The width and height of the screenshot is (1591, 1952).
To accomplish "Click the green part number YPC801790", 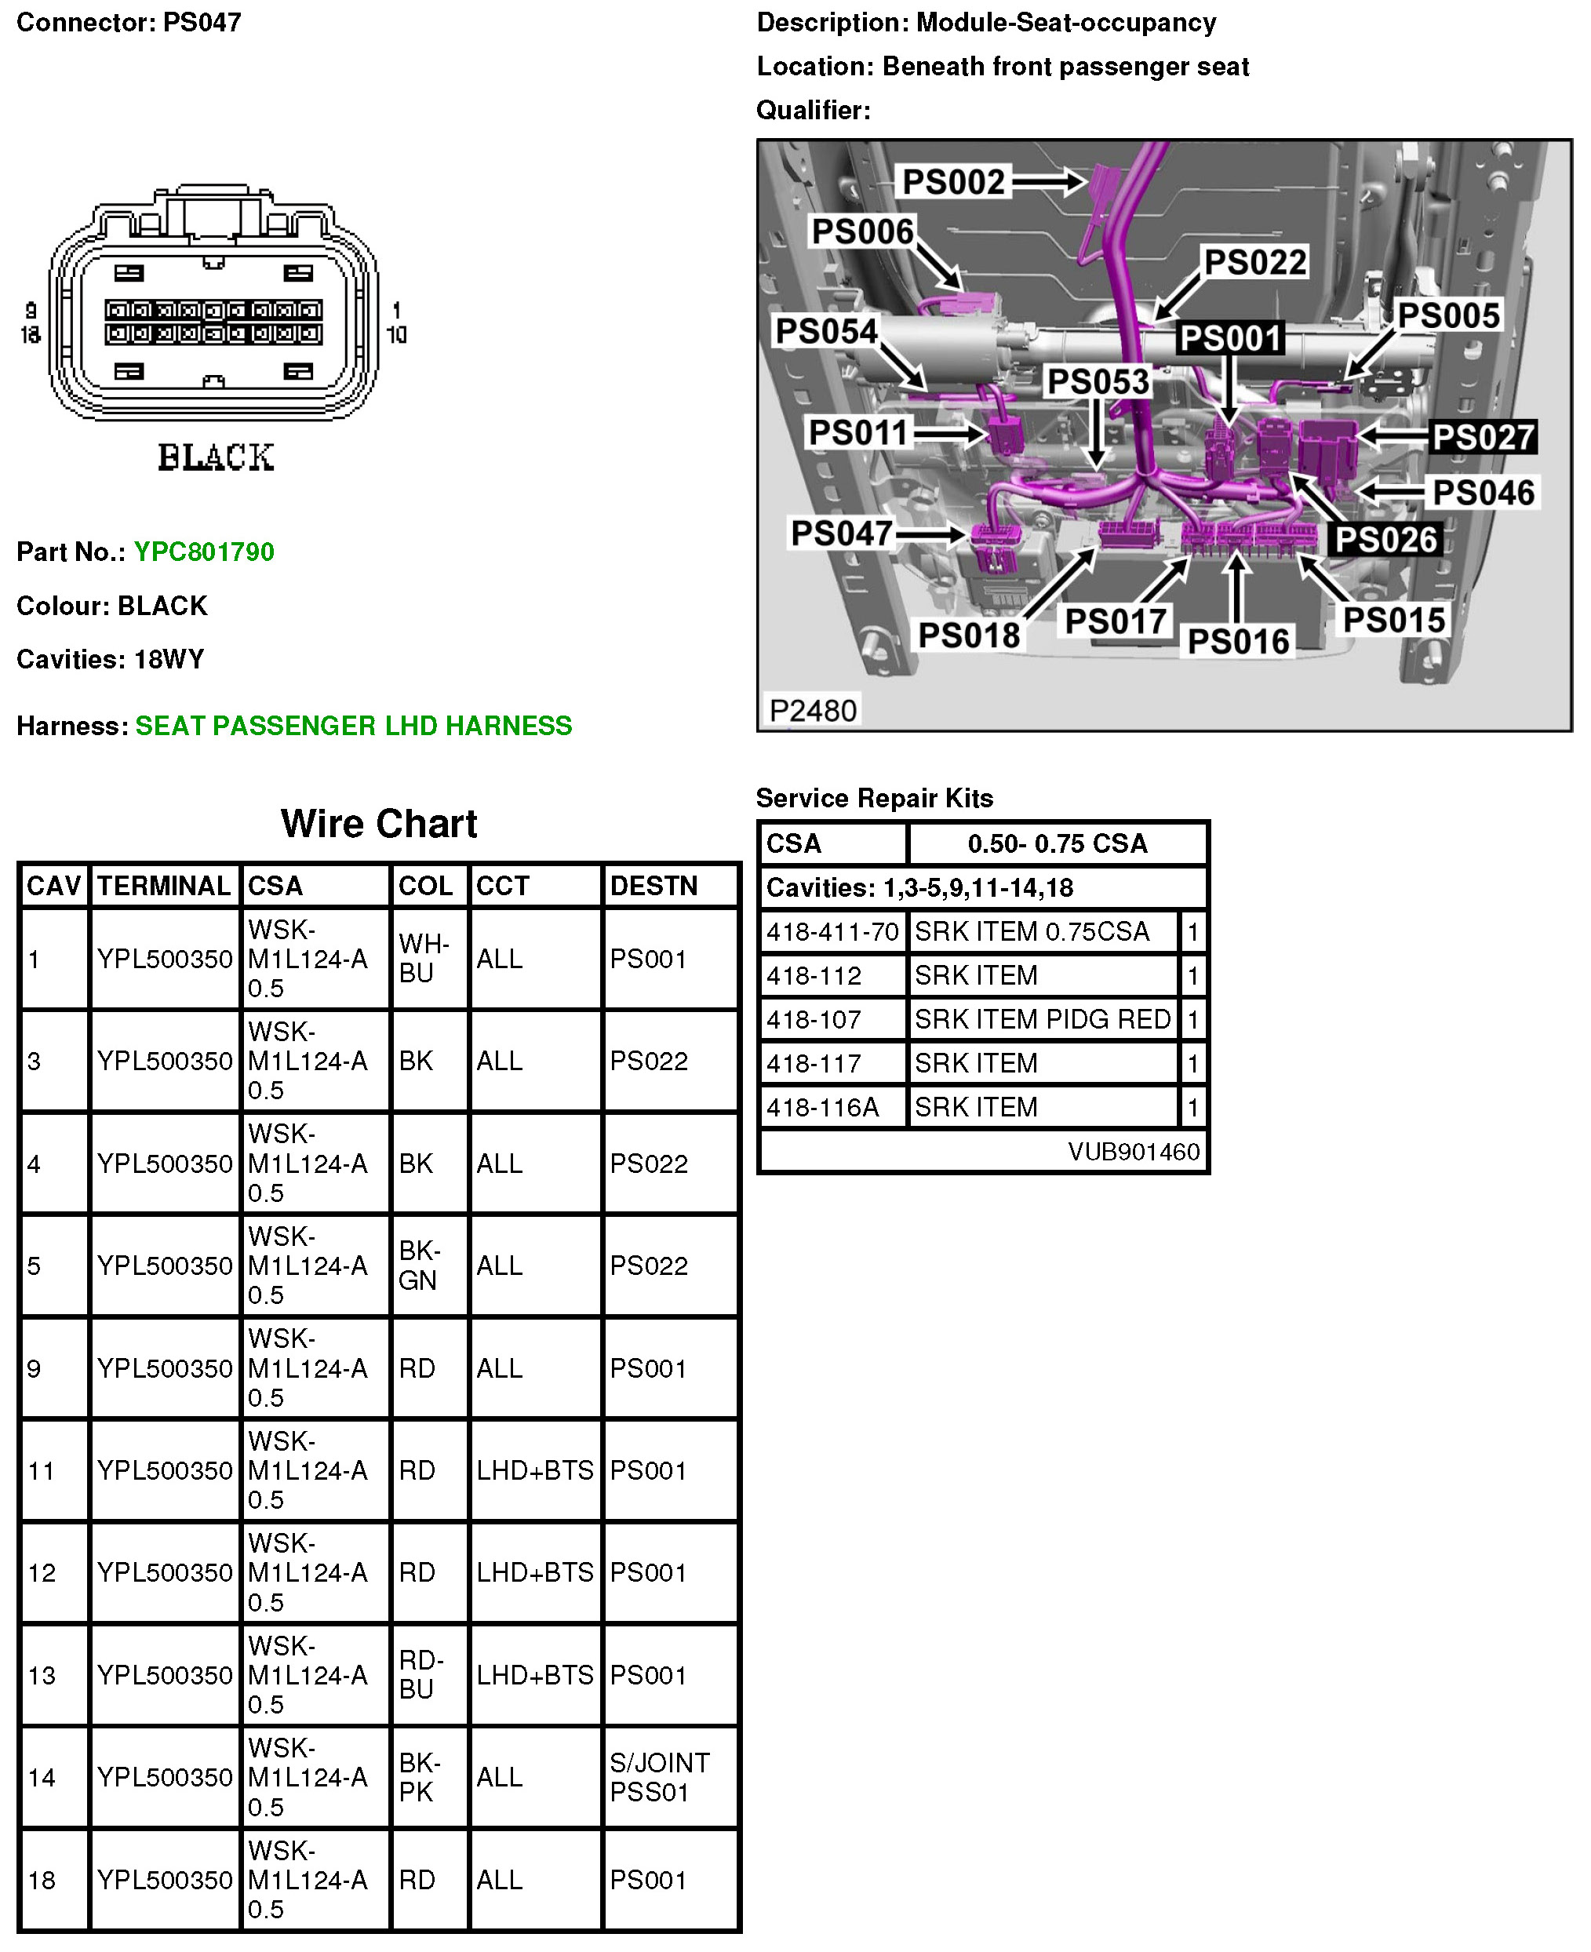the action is [203, 552].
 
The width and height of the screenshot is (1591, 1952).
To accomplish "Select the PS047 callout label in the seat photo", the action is [841, 534].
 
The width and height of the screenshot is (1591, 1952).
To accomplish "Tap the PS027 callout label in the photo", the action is [1483, 437].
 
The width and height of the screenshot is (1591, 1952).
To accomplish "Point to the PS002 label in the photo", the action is [953, 181].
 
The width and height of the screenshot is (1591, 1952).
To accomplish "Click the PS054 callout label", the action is [826, 331].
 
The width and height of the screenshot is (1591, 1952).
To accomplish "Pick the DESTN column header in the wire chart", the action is [654, 885].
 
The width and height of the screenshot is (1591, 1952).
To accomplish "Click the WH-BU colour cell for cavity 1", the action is [424, 958].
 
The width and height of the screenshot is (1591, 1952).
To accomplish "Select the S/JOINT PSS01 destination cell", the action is [660, 1777].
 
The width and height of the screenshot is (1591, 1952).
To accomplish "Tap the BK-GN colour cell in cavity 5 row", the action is [419, 1265].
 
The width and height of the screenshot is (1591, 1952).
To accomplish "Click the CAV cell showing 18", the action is [42, 1880].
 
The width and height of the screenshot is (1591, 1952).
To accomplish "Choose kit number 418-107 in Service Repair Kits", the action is [814, 1019].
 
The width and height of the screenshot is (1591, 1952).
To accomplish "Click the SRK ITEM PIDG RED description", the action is [1042, 1019].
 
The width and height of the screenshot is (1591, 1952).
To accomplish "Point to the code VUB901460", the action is [1133, 1151].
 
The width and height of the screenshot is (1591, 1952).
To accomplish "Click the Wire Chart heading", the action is [378, 823].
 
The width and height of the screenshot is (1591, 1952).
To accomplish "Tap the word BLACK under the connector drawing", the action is [216, 457].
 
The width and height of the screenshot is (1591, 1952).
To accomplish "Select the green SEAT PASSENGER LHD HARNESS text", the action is [353, 726].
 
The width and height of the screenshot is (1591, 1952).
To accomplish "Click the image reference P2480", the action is [813, 710].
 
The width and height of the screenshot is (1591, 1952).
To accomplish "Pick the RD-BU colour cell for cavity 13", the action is [421, 1674].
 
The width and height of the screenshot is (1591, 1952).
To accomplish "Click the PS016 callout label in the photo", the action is [1238, 640].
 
